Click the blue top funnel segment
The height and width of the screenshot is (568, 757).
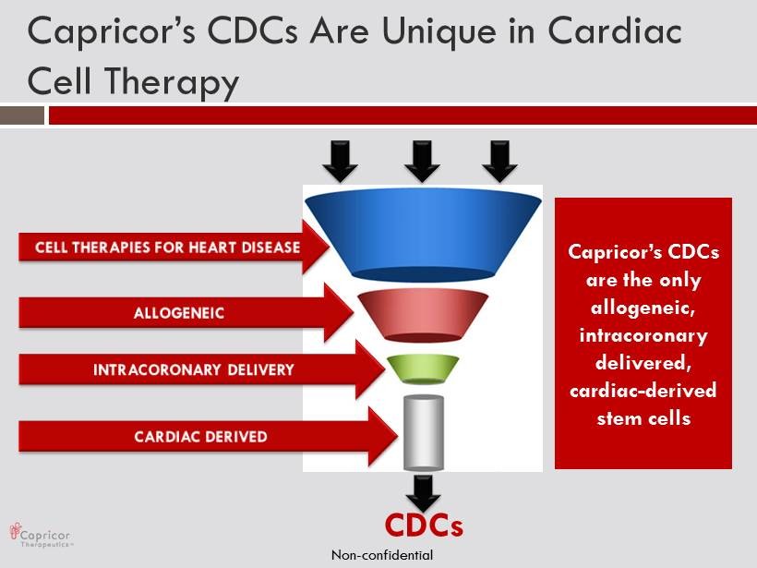tap(423, 235)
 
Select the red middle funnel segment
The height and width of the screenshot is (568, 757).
tap(423, 315)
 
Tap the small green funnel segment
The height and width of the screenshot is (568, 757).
tap(423, 369)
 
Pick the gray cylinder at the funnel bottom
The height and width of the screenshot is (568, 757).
tap(424, 433)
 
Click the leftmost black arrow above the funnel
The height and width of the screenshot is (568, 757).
tap(341, 162)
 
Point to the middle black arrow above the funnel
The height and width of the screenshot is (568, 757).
tap(423, 162)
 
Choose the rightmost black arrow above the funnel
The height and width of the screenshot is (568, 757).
tap(499, 162)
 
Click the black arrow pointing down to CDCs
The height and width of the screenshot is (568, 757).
tap(423, 493)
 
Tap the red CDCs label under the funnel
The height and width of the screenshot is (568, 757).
tap(424, 526)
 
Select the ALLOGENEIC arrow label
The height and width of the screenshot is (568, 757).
tap(178, 313)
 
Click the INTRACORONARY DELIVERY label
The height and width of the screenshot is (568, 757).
tap(194, 370)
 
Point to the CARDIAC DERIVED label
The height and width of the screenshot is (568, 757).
tap(201, 437)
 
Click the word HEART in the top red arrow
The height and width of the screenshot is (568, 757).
tap(213, 248)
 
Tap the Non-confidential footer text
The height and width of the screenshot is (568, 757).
tap(382, 555)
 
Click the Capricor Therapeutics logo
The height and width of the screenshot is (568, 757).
tap(41, 535)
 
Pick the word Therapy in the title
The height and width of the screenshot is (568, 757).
tap(172, 81)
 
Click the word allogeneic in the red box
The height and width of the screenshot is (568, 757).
tap(643, 308)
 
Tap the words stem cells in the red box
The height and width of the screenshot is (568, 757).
tap(643, 418)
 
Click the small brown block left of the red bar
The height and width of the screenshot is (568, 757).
tap(22, 115)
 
